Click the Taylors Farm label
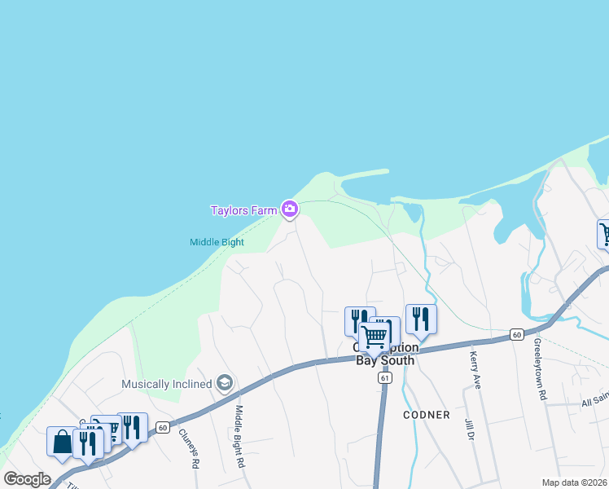243,210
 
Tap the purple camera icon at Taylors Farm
289,210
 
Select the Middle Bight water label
217,242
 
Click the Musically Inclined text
168,384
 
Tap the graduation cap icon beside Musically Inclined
225,383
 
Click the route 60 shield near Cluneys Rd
163,427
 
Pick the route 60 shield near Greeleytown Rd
516,334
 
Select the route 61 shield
385,378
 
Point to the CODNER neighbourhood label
426,415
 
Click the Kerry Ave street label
474,369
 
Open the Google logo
26,479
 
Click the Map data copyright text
575,482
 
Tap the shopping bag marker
62,442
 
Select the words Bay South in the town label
385,360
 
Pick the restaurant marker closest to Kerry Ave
420,319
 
